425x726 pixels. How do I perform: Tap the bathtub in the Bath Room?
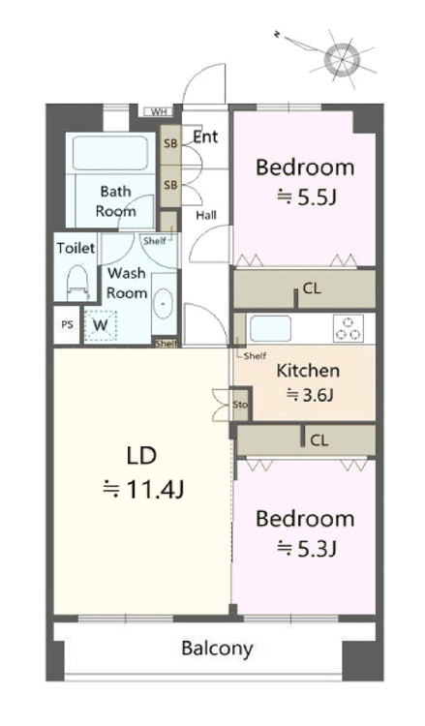pos(110,153)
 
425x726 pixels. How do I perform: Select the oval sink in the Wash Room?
pos(163,303)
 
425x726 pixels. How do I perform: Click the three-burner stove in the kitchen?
pos(349,328)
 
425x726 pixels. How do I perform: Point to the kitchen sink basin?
pos(270,328)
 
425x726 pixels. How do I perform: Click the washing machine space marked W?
pos(101,325)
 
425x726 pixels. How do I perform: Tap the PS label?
pos(68,325)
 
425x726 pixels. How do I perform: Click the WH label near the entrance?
pos(159,111)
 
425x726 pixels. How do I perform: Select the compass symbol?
pos(342,59)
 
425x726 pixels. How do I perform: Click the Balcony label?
pos(217,649)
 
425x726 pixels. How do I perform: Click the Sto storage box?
pos(241,405)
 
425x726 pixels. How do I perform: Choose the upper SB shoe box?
pos(170,143)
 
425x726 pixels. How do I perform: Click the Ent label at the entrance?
pos(205,136)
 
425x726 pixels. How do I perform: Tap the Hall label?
pos(206,215)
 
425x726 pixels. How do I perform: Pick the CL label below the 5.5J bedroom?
pos(312,288)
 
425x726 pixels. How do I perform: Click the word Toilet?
pos(76,248)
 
